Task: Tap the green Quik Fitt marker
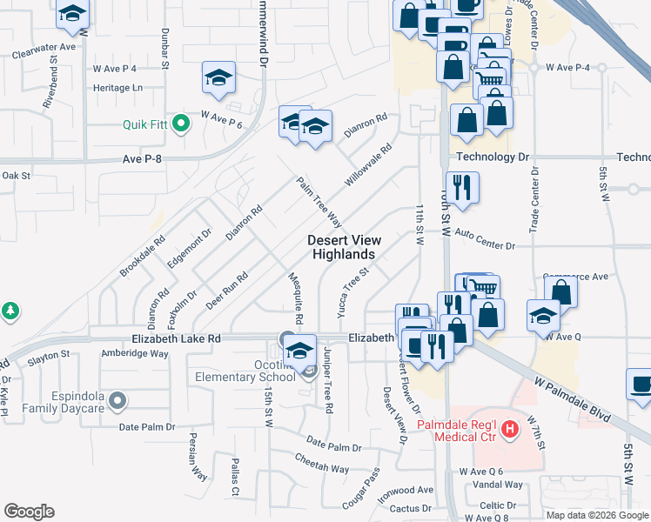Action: tap(181, 124)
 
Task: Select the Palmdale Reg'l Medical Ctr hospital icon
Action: tap(511, 429)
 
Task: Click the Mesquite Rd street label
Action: tap(294, 297)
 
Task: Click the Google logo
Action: tap(30, 511)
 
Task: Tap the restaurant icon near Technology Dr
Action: tap(461, 187)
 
